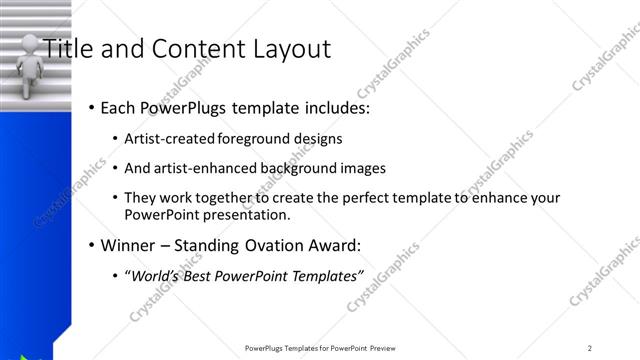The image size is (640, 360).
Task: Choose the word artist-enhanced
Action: (x=206, y=168)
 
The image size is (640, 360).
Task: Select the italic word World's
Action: (x=153, y=276)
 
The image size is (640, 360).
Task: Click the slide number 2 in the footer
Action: (x=590, y=348)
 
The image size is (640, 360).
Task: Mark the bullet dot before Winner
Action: (x=91, y=246)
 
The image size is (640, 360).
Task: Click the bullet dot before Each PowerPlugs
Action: (x=91, y=107)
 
